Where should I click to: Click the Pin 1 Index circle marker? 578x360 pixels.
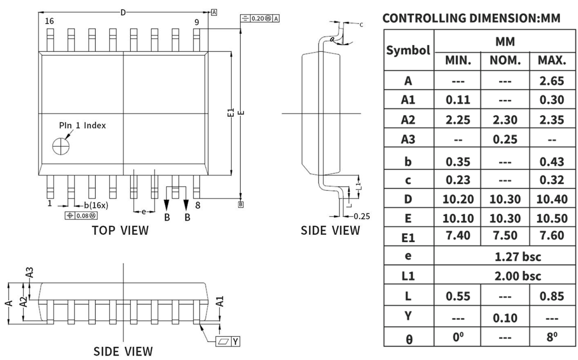(60, 146)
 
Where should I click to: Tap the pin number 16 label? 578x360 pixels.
(50, 21)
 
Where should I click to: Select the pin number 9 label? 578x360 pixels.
(197, 22)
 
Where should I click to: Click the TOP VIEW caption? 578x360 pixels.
(120, 230)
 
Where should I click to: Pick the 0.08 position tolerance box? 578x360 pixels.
(82, 216)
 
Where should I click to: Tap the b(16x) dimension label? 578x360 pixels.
(96, 205)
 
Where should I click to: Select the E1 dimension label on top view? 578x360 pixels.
(230, 113)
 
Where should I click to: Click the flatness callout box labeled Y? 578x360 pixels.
(228, 341)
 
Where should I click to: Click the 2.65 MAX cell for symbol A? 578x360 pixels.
(551, 81)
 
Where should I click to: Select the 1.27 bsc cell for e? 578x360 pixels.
(505, 256)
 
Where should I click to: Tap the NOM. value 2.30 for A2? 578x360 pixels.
(505, 120)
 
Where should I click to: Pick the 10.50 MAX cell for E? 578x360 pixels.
(551, 218)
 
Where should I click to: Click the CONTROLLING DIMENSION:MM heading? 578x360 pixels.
(471, 18)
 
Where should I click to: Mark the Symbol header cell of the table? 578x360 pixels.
(409, 50)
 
